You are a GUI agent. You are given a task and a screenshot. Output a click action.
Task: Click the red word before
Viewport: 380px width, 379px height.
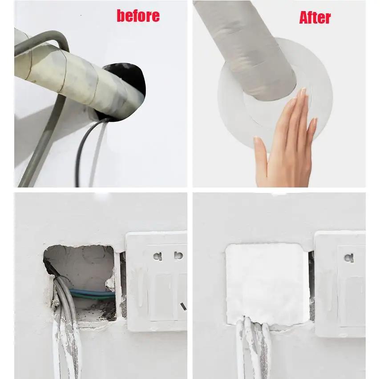coord(138,16)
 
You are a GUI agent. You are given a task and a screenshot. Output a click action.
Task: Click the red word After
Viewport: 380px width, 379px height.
coord(315,18)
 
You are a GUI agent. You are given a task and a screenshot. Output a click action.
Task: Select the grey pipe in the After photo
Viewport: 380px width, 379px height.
coord(249,49)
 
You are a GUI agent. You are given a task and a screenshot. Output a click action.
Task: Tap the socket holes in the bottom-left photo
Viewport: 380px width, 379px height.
coord(168,256)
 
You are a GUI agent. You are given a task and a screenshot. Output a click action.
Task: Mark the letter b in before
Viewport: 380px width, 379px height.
coord(121,16)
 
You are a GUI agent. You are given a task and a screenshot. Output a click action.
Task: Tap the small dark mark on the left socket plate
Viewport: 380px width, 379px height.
coord(182,306)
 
